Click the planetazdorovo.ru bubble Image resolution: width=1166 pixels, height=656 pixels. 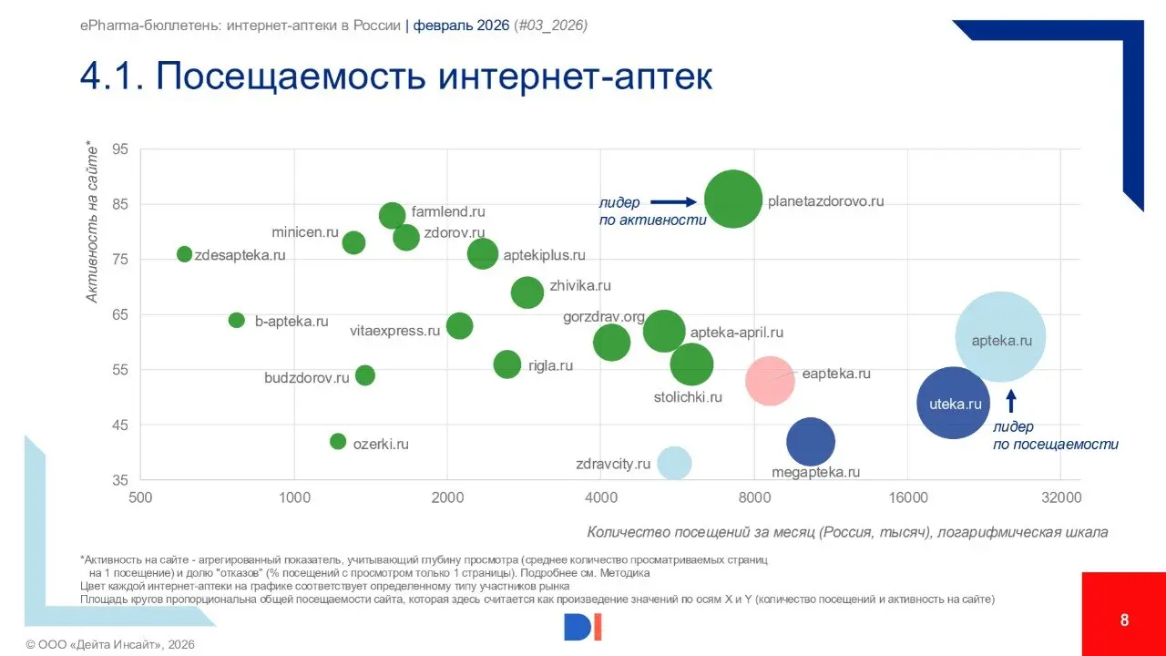[732, 200]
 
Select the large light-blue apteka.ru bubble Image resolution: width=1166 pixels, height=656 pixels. [1000, 338]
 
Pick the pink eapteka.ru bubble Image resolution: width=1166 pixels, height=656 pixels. [770, 381]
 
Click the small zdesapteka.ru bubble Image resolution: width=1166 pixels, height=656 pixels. [185, 254]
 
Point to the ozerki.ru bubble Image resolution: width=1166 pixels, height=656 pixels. [338, 442]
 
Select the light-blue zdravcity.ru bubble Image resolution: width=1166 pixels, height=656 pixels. [674, 463]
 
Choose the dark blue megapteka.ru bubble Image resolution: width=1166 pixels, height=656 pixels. [810, 442]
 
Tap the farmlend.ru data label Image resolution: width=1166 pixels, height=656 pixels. [448, 212]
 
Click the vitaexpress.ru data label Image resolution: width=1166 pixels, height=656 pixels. [394, 331]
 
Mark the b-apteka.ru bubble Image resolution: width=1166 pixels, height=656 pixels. [237, 320]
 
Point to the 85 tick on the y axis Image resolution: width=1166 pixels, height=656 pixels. [121, 204]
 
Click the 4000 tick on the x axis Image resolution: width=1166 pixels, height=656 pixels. [600, 497]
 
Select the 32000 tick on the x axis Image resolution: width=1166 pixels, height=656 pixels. [1061, 497]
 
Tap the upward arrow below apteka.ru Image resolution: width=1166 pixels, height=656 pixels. [1010, 401]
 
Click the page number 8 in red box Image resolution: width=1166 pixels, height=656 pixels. [1124, 620]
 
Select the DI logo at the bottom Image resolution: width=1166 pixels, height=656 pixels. [583, 627]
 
